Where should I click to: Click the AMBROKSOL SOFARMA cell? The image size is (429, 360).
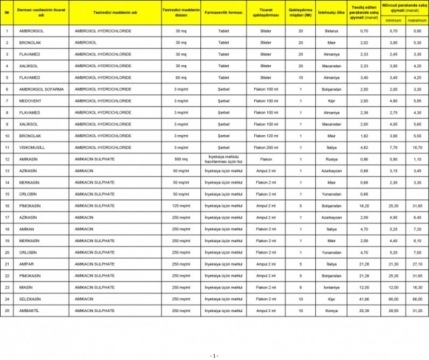click(38, 89)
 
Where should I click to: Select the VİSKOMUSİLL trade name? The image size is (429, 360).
click(33, 146)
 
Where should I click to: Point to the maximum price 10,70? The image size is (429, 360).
click(417, 146)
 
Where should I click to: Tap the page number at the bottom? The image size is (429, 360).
click(214, 355)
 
